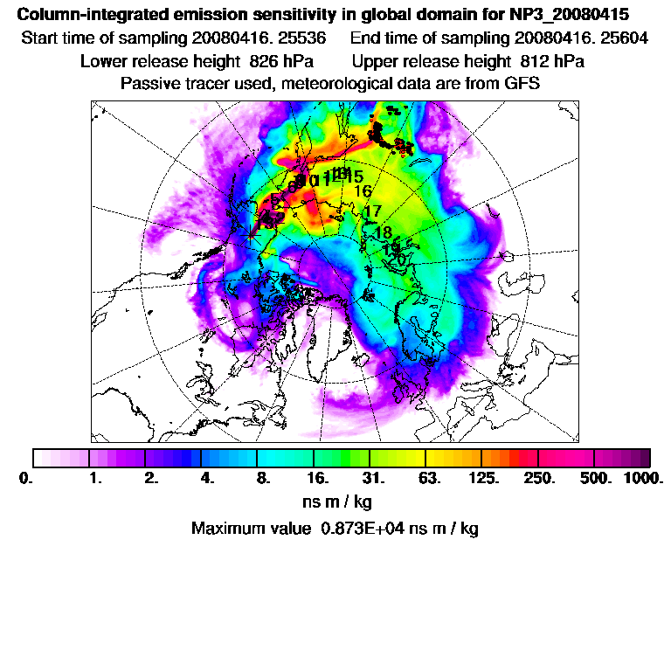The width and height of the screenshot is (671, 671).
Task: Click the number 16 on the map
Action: point(363,191)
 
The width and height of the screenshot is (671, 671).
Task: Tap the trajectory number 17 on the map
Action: point(372,211)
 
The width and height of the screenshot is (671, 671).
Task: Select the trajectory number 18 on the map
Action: point(383,232)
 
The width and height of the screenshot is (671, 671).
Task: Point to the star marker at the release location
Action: point(252,232)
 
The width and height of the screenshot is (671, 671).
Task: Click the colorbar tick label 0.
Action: point(24,479)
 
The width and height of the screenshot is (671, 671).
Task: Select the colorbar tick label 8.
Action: point(259,479)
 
